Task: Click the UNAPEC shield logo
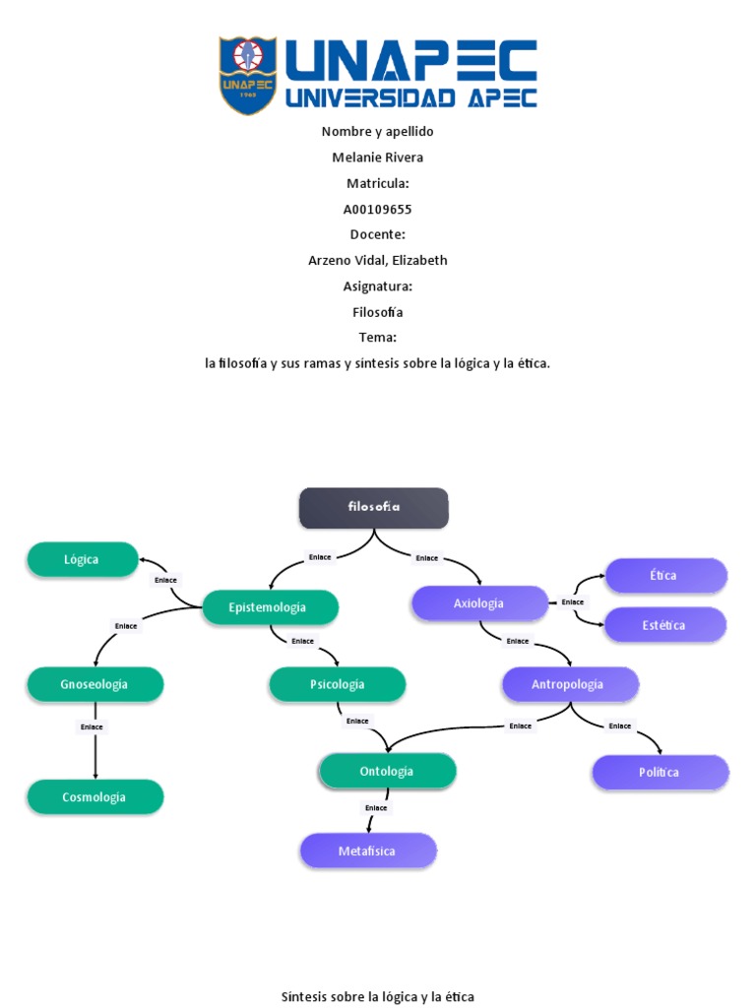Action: [247, 76]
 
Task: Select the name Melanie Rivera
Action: [377, 157]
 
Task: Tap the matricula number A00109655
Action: [377, 209]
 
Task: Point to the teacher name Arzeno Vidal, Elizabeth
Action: [377, 260]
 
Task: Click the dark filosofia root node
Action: [373, 507]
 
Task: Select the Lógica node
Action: [83, 559]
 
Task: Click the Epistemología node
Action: [269, 607]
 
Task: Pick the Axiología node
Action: [479, 603]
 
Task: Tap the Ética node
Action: [664, 576]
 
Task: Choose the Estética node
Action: [664, 625]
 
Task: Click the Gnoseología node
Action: [94, 684]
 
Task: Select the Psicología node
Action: [337, 684]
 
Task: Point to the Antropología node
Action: [569, 684]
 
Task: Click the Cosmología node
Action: [94, 797]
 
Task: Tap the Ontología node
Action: [387, 772]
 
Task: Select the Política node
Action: [660, 773]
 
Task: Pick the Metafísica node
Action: [367, 850]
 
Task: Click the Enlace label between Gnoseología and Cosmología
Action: [92, 727]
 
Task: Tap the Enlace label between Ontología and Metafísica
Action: [376, 808]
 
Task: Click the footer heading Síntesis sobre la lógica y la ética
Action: [377, 997]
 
